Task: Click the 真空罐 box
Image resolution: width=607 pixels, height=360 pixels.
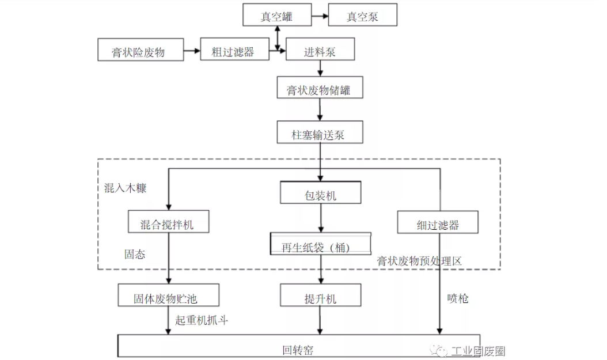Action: [276, 16]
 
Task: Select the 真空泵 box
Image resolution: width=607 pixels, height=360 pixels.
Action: [362, 16]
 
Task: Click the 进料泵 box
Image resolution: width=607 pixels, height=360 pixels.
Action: [320, 51]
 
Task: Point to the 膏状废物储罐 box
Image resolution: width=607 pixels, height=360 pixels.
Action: [320, 90]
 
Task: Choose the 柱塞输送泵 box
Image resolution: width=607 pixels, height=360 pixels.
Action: [320, 134]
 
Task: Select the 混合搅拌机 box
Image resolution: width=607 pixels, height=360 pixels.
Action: [167, 223]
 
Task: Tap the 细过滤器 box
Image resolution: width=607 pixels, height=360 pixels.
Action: [438, 223]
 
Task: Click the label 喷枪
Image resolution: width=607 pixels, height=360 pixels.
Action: [458, 298]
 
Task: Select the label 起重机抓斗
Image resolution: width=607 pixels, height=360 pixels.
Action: [202, 320]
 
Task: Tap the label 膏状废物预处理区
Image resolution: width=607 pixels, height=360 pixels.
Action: [419, 260]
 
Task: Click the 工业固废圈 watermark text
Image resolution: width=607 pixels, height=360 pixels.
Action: [477, 350]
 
